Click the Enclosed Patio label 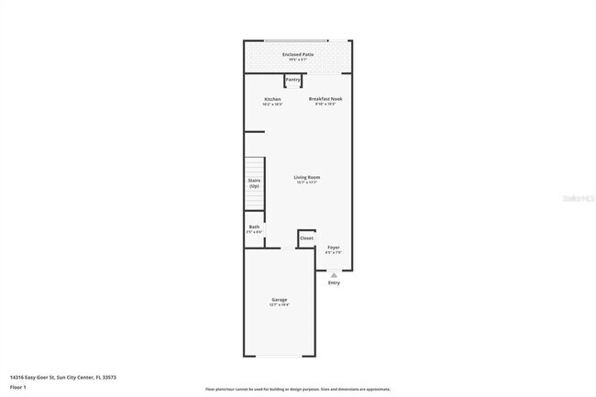pyautogui.click(x=298, y=54)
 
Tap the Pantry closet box pyautogui.click(x=292, y=81)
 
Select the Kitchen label pyautogui.click(x=272, y=99)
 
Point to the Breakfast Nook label pyautogui.click(x=326, y=99)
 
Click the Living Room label pyautogui.click(x=306, y=177)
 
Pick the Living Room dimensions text pyautogui.click(x=306, y=182)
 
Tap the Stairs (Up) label pyautogui.click(x=254, y=182)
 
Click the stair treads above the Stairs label pyautogui.click(x=254, y=166)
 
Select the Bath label pyautogui.click(x=254, y=226)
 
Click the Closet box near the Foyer pyautogui.click(x=306, y=238)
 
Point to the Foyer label pyautogui.click(x=333, y=248)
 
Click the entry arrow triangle pyautogui.click(x=334, y=274)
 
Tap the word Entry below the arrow pyautogui.click(x=334, y=282)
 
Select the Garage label pyautogui.click(x=280, y=300)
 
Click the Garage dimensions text pyautogui.click(x=280, y=305)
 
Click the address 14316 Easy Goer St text pyautogui.click(x=62, y=377)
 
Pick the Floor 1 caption pyautogui.click(x=18, y=387)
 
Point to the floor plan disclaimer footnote pyautogui.click(x=298, y=389)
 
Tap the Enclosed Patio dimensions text pyautogui.click(x=298, y=60)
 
